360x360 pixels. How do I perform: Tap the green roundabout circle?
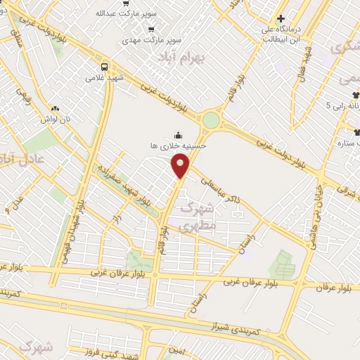click(x=210, y=120)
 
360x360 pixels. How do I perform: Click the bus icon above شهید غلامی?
click(x=104, y=66)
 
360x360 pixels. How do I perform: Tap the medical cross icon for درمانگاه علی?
click(x=281, y=19)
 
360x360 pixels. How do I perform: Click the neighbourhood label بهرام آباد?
click(x=181, y=56)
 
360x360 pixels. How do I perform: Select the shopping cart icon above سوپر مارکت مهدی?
click(x=151, y=29)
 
